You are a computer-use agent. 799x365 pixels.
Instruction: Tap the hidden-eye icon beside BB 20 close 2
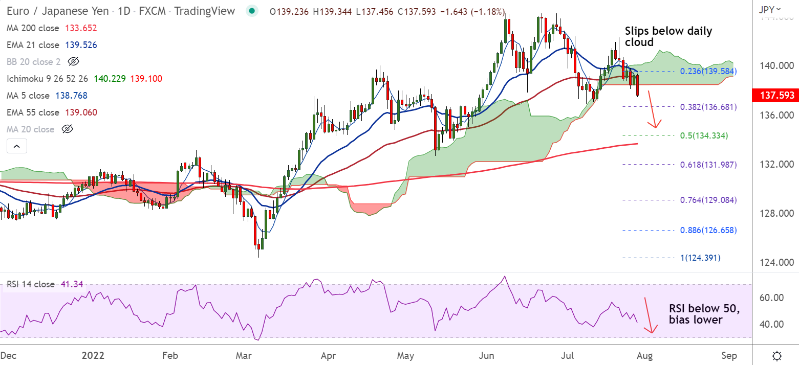(x=73, y=62)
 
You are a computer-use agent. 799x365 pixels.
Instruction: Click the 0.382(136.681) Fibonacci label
(x=708, y=107)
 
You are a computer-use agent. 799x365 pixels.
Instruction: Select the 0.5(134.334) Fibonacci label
(x=704, y=135)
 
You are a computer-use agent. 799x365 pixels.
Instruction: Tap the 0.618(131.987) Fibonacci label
(x=708, y=164)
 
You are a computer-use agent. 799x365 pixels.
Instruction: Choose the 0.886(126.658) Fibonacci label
(x=708, y=230)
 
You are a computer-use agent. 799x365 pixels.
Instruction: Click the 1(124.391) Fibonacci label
(x=700, y=258)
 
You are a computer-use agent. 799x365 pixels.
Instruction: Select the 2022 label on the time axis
(x=92, y=355)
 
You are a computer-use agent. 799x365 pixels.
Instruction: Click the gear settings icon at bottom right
(x=777, y=356)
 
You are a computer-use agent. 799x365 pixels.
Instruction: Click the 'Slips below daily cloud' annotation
(x=668, y=36)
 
